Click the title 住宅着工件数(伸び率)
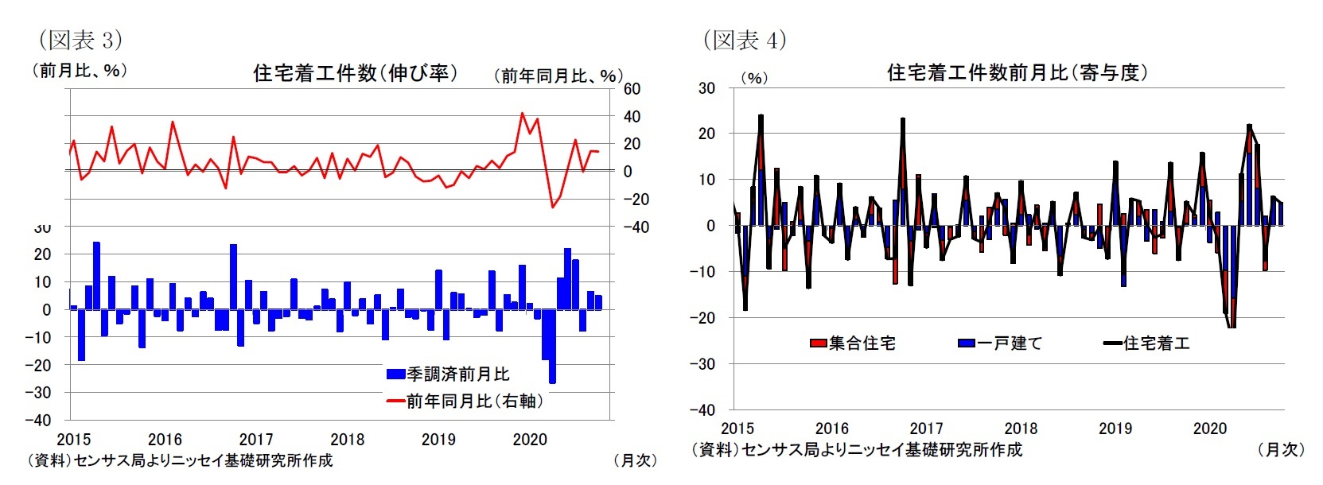(355, 73)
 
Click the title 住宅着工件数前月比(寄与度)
(1018, 73)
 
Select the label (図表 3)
(80, 40)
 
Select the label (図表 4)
(744, 40)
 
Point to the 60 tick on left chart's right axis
(632, 89)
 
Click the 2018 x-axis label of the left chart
(347, 440)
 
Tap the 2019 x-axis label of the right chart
(1115, 429)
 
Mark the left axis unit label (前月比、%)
(79, 71)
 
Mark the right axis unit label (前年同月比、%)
(558, 76)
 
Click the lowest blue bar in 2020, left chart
(552, 347)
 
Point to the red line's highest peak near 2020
(522, 114)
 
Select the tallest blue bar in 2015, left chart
(96, 275)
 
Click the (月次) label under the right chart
(1280, 449)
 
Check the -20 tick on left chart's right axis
(635, 199)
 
